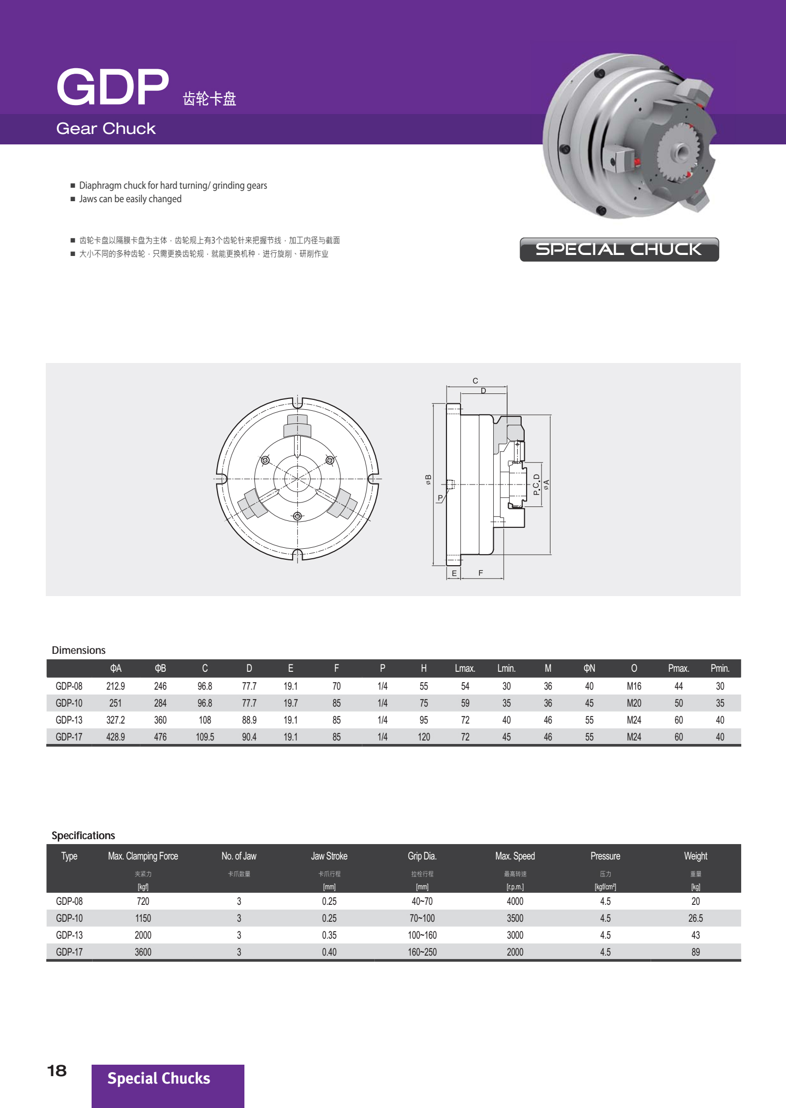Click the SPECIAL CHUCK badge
coord(619,249)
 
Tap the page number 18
coord(57,1070)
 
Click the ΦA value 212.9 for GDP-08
coord(115,686)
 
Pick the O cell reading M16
coord(634,686)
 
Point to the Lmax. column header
coord(464,668)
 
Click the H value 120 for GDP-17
coord(424,737)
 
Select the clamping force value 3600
coord(143,952)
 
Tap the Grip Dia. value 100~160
coord(422,935)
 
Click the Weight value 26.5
coord(695,918)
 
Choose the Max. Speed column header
coord(515,856)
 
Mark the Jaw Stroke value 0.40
coord(329,952)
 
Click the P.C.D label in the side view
coord(536,485)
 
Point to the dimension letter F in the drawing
coord(480,573)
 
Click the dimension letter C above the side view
coord(475,381)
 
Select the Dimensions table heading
coord(79,650)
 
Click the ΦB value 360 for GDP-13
coord(160,720)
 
